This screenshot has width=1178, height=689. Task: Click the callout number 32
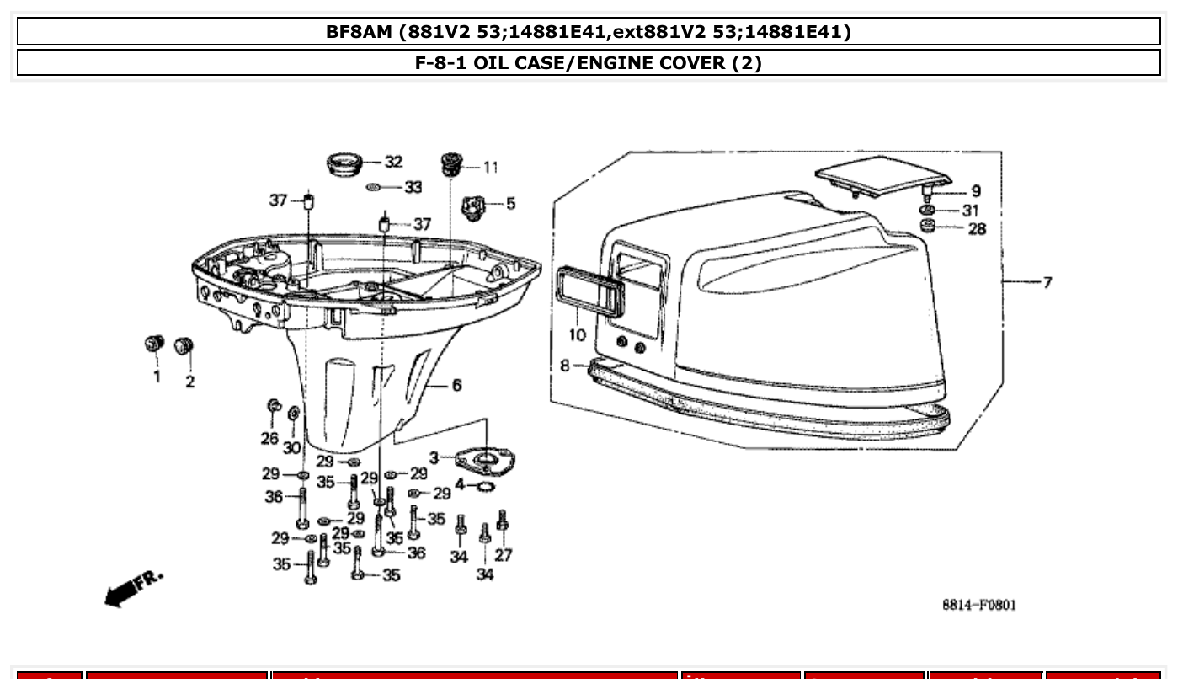point(393,162)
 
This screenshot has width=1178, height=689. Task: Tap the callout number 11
point(490,167)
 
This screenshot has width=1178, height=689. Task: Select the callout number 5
point(510,203)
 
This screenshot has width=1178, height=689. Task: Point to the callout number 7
point(1047,282)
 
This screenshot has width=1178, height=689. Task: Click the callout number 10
point(577,335)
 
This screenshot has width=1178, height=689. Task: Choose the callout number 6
point(456,385)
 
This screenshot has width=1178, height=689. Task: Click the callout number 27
point(504,555)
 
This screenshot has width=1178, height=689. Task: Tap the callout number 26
point(269,438)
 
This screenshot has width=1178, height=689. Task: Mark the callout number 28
point(977,228)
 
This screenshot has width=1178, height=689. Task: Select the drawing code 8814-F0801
point(978,605)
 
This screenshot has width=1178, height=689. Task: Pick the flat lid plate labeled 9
point(881,176)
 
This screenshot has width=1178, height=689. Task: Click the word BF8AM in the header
point(360,32)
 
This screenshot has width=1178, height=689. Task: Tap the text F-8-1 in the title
point(441,63)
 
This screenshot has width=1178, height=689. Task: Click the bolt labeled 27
point(503,521)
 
